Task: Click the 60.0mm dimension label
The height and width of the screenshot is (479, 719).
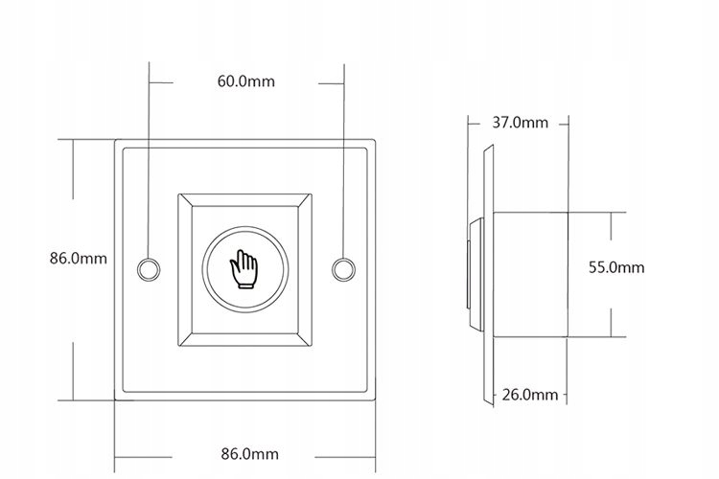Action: (x=246, y=81)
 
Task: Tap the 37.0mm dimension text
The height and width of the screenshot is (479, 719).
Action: (x=520, y=123)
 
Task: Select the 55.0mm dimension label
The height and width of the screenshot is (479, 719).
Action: (x=616, y=267)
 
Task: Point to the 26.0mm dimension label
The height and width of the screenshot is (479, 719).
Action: (x=530, y=395)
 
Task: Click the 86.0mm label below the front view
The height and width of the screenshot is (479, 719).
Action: (x=250, y=454)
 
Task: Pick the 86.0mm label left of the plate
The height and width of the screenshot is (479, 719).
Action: (x=79, y=258)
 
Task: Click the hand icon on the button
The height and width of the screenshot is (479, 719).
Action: (x=244, y=269)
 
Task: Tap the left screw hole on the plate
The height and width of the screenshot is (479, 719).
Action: (x=149, y=269)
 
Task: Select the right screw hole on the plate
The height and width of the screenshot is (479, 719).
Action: (x=343, y=269)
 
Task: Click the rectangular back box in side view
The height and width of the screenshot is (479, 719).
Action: (x=530, y=275)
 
